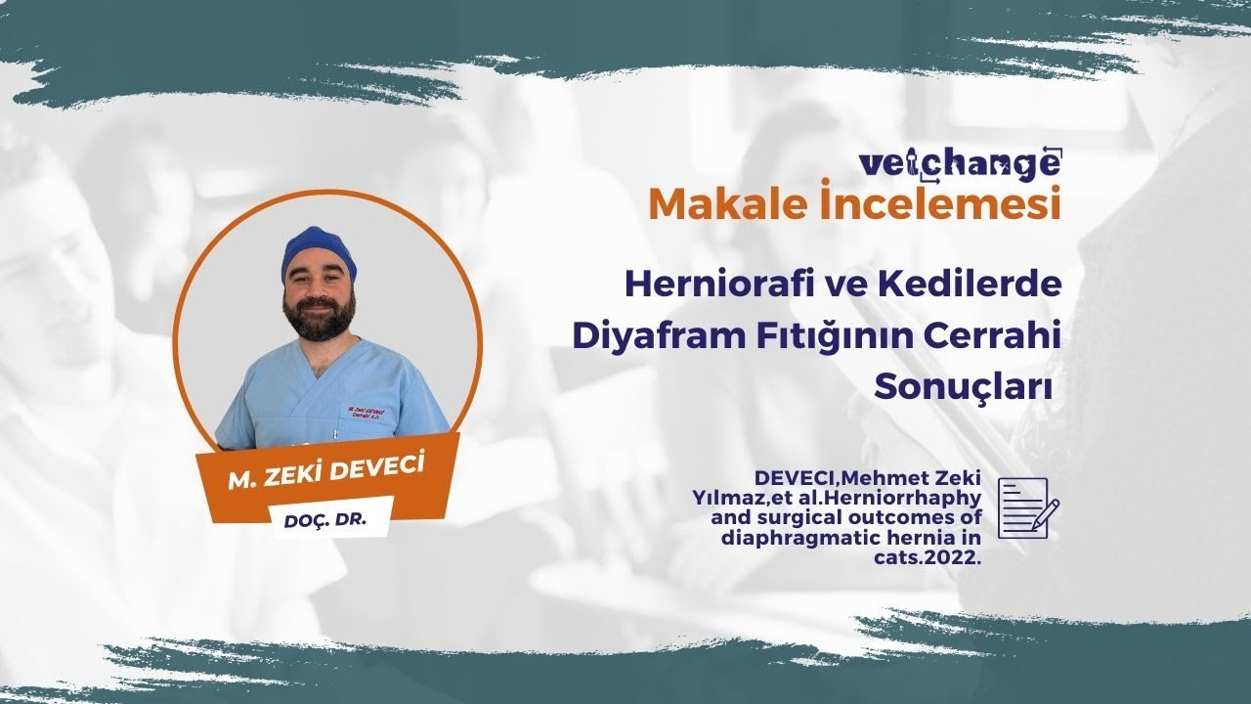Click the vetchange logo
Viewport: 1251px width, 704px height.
coord(959,163)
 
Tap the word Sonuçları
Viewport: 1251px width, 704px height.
coord(962,385)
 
